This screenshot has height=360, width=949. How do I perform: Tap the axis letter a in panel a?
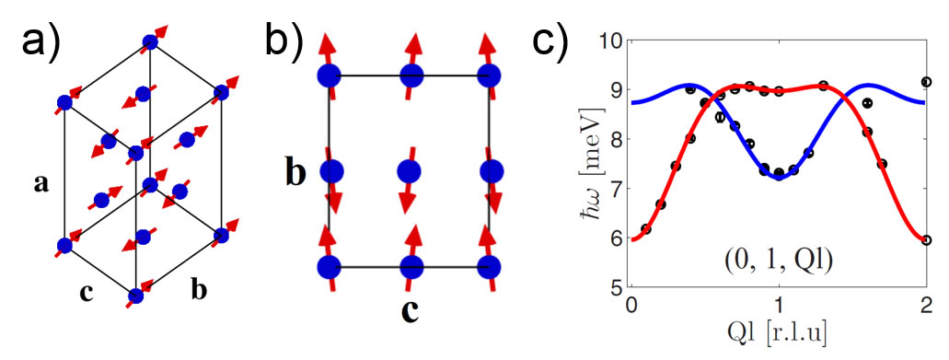41,184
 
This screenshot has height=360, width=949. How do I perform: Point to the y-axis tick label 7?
615,189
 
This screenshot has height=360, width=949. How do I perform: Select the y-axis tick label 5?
615,288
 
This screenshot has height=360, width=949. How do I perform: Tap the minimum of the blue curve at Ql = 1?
779,178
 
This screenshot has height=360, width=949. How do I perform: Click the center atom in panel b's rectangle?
409,172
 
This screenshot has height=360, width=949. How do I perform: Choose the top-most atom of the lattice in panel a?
149,41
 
